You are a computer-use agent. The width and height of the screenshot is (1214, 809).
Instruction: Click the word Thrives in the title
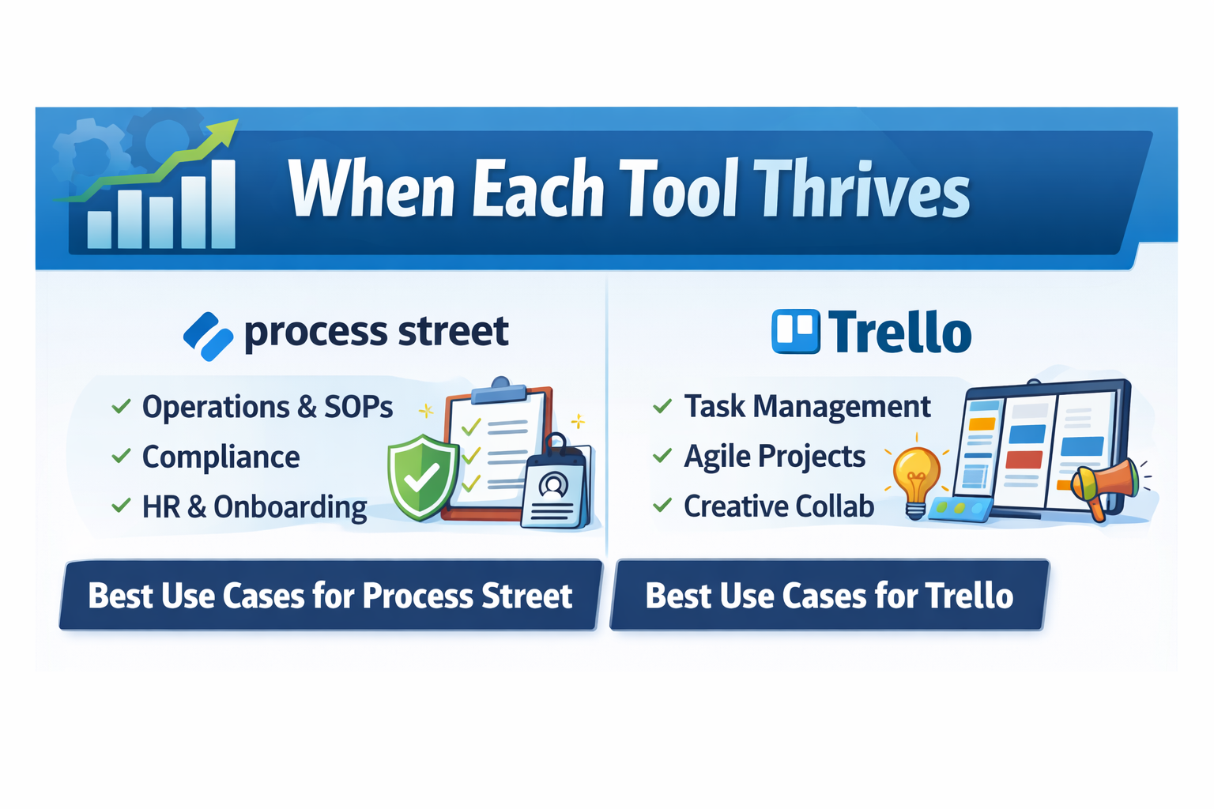tap(861, 189)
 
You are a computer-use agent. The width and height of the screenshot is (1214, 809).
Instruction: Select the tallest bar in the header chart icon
tap(223, 205)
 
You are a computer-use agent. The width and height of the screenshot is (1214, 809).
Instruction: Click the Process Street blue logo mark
tap(209, 337)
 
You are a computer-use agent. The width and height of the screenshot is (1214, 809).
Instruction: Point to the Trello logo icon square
tap(796, 331)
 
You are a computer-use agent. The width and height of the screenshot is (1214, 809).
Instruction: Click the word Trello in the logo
tap(899, 332)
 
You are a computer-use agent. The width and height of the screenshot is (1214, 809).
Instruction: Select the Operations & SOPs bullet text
tap(267, 407)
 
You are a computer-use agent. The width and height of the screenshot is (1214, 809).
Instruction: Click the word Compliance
tap(221, 457)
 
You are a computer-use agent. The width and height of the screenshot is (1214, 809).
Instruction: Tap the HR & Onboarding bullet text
tap(254, 507)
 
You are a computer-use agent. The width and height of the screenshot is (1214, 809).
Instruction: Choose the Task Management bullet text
tap(807, 406)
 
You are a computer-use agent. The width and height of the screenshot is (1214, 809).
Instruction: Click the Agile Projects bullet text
tap(775, 456)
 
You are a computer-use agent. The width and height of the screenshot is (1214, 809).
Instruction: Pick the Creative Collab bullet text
tap(779, 506)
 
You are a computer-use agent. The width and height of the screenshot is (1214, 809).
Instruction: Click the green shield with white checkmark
tap(424, 477)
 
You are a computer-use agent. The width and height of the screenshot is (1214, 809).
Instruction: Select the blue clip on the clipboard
tap(500, 391)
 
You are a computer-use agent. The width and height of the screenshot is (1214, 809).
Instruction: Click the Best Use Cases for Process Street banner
tap(330, 595)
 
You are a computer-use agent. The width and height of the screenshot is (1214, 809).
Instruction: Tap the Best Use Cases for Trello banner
tap(830, 595)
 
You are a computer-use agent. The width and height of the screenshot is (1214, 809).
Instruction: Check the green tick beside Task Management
tap(662, 406)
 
